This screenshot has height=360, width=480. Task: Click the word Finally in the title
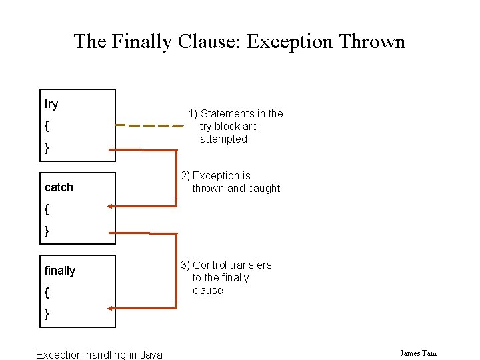[x=143, y=42]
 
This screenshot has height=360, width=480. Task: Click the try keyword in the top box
[x=51, y=104]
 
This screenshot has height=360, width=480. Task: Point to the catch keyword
[x=59, y=187]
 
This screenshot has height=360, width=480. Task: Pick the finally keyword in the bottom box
[x=60, y=271]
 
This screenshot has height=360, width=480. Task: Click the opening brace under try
[x=47, y=126]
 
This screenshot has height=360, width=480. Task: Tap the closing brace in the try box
[x=47, y=147]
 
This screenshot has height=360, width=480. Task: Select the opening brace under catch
[x=47, y=209]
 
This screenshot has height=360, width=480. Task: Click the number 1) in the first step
[x=193, y=114]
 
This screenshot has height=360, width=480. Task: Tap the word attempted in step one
[x=223, y=139]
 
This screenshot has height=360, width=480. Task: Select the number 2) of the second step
[x=185, y=176]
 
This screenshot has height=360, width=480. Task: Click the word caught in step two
[x=265, y=189]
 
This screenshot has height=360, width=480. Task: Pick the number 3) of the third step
[x=185, y=265]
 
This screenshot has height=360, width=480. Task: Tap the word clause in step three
[x=207, y=291]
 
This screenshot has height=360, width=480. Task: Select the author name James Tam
[x=418, y=353]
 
